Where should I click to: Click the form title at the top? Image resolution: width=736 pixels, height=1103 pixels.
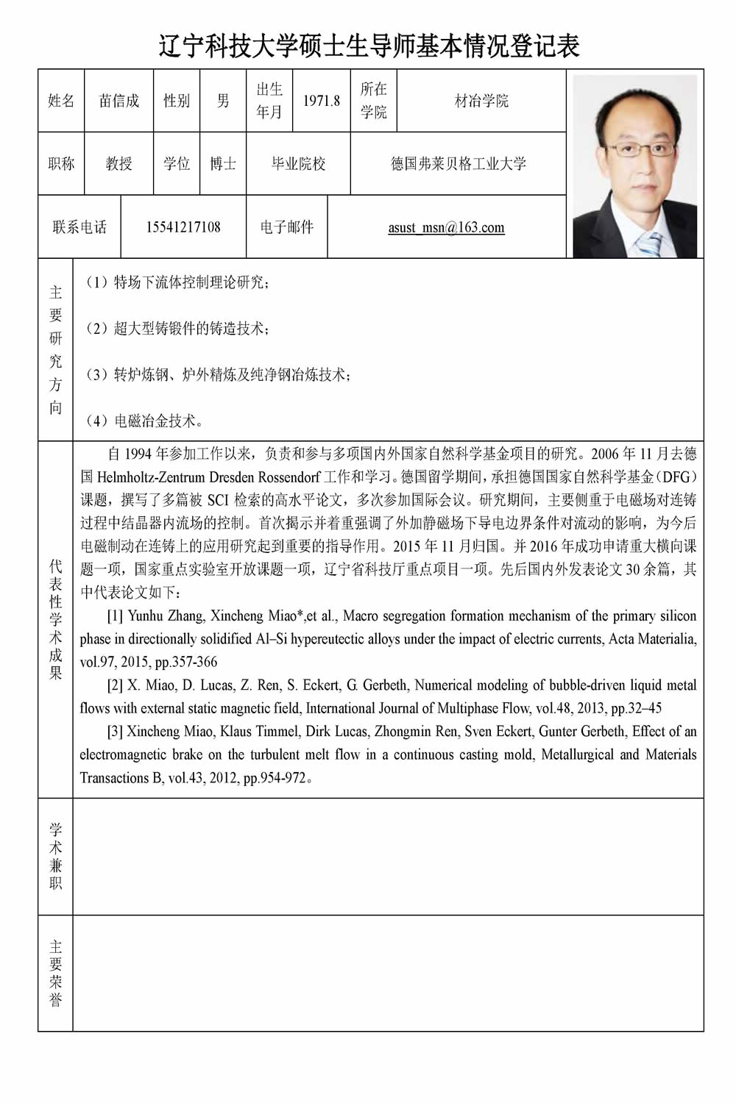pos(369,46)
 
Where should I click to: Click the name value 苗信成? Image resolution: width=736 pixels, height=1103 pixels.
pos(119,101)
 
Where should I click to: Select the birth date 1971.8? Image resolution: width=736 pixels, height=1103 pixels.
pos(322,101)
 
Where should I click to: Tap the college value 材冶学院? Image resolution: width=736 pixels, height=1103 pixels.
pos(481,101)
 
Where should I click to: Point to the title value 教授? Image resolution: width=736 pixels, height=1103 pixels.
pos(119,163)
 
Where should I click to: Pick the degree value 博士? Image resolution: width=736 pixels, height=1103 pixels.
pos(223,163)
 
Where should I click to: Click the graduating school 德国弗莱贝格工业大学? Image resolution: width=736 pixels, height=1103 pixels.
pos(458,163)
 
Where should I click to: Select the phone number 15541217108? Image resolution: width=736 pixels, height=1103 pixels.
pos(183,226)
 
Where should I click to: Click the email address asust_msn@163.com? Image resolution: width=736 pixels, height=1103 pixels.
pos(446,227)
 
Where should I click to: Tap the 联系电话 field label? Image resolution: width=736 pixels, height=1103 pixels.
pos(79,226)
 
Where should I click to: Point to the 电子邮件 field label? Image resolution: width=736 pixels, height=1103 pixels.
pos(287,226)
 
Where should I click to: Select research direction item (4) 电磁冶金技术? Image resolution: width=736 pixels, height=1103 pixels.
pos(144,421)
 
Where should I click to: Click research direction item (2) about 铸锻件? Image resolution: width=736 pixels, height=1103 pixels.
pos(177,329)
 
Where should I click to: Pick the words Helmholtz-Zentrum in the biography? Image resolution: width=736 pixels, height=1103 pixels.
pos(154,477)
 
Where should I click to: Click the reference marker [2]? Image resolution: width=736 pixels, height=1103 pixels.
pos(115,685)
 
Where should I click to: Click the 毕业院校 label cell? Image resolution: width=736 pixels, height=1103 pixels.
pos(298,163)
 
